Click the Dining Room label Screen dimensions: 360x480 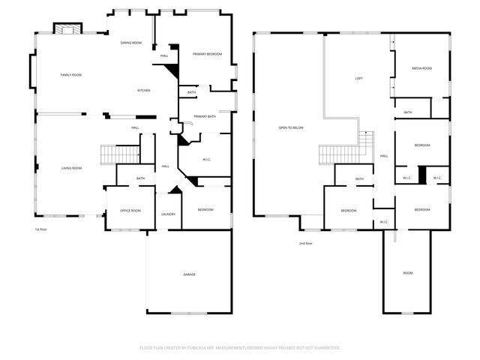(x=131, y=43)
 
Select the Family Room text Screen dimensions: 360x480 (x=70, y=75)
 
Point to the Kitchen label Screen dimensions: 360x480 (x=143, y=91)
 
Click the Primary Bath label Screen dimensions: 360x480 (x=205, y=116)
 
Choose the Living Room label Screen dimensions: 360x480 (x=71, y=168)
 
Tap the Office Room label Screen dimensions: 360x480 (x=130, y=211)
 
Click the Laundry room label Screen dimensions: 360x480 (x=168, y=214)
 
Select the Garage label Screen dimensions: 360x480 (x=190, y=274)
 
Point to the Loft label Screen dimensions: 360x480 (x=359, y=78)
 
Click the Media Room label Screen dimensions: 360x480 (x=421, y=68)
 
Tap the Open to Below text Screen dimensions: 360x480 (x=290, y=128)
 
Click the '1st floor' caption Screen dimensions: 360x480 (x=40, y=229)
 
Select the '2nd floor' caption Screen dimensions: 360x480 (x=305, y=244)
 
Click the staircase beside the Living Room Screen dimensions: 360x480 (x=121, y=154)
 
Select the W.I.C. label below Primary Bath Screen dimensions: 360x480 (x=207, y=160)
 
